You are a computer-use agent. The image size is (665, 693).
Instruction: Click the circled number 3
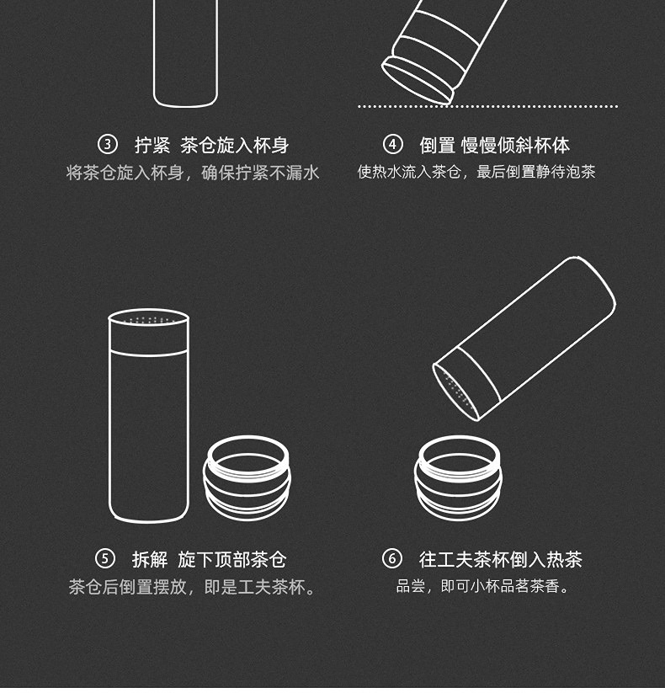(x=108, y=145)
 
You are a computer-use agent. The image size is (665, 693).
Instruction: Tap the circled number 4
(x=392, y=145)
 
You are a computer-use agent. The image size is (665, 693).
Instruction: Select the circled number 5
(x=105, y=559)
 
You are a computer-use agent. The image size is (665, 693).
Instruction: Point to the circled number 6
(x=392, y=559)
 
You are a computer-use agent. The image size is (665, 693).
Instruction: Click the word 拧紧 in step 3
(x=152, y=145)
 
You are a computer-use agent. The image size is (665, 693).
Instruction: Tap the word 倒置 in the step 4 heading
(x=437, y=145)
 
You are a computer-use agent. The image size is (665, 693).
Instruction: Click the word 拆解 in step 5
(x=150, y=559)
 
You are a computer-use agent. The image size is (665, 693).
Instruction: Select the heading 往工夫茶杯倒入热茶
(x=501, y=559)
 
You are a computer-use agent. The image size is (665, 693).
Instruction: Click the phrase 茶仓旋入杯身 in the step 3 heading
(x=234, y=145)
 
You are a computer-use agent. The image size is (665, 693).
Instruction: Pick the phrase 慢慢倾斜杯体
(x=515, y=145)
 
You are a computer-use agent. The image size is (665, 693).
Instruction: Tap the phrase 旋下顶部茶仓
(x=232, y=559)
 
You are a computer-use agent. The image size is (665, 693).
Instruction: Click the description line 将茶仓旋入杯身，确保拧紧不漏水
(x=193, y=173)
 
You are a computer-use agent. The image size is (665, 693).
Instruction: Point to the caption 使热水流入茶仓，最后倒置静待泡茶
(x=476, y=172)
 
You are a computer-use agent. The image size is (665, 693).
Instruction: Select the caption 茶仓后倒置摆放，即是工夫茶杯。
(x=193, y=588)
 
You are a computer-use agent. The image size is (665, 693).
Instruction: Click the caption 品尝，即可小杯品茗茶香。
(x=482, y=587)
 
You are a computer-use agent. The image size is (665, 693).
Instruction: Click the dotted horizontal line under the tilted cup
(x=488, y=106)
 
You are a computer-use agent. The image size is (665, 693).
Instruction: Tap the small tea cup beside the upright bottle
(x=247, y=477)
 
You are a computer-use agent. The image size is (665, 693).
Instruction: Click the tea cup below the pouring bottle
(x=458, y=477)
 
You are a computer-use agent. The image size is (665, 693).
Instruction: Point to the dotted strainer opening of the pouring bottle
(x=455, y=392)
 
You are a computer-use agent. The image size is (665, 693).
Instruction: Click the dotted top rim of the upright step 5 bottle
(x=148, y=318)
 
